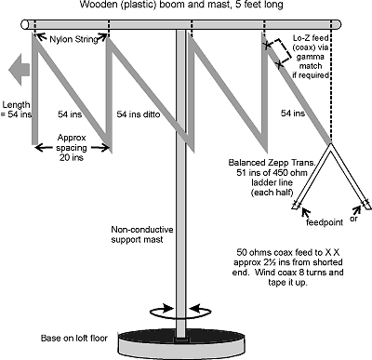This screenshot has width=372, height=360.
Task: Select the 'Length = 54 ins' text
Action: tap(20, 109)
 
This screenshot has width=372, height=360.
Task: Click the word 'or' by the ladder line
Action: tap(354, 221)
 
